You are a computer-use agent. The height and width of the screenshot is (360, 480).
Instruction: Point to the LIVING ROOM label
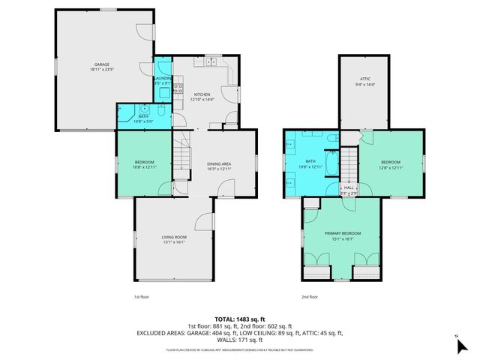coord(173,238)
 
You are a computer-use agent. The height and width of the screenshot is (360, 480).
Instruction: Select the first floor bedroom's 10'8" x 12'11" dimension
coord(144,168)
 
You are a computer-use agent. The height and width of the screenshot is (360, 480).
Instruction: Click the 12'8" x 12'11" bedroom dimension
coord(390,168)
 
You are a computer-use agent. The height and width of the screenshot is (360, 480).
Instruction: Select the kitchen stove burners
coord(179,89)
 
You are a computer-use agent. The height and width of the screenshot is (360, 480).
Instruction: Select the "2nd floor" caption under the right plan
coord(309,297)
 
